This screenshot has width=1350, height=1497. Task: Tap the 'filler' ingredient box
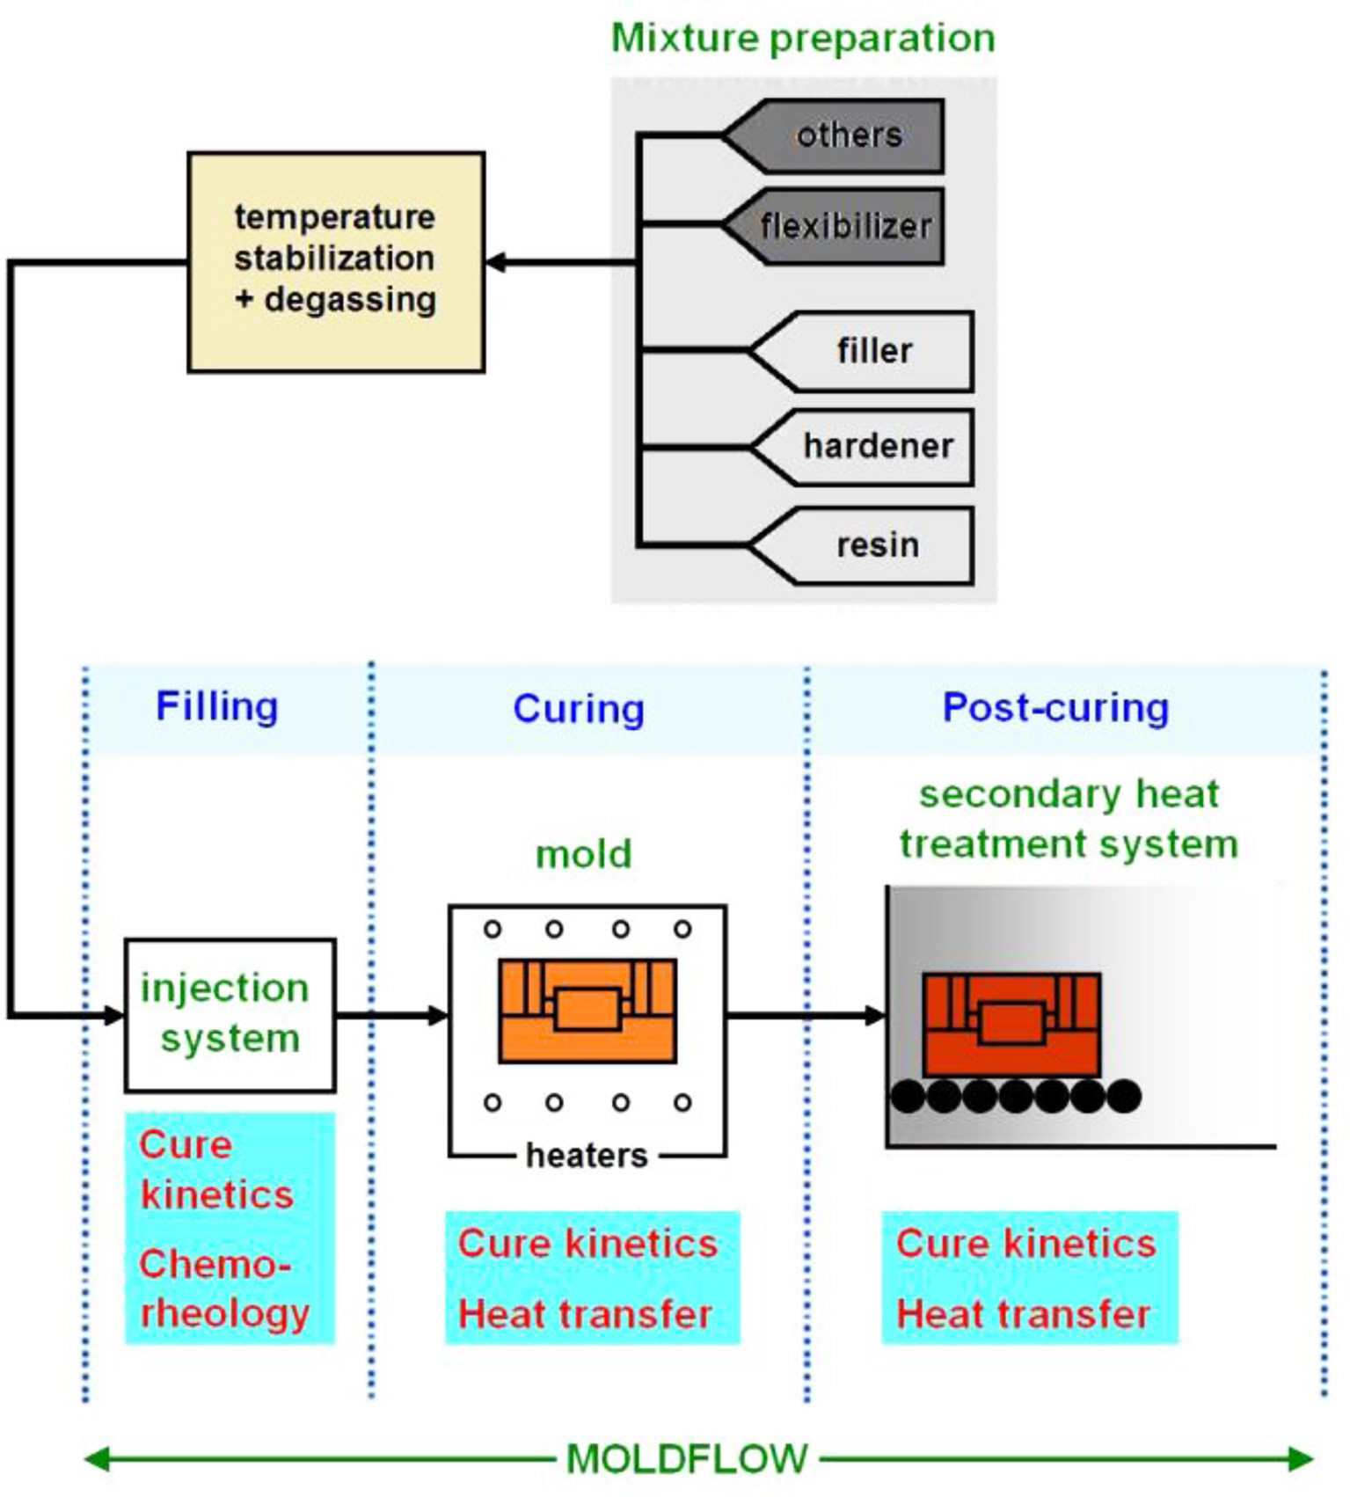(x=871, y=351)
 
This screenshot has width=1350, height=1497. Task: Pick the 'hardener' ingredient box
(x=874, y=447)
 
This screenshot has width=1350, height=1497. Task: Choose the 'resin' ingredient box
(x=874, y=545)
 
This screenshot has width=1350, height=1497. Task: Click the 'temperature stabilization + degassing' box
(x=335, y=261)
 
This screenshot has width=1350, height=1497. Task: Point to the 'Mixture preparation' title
(x=802, y=38)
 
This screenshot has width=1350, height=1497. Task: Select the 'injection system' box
(x=229, y=1014)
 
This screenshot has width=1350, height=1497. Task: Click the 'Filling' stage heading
(x=216, y=706)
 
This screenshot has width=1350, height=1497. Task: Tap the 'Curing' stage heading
(x=578, y=709)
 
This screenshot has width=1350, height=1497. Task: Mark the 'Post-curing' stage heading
(x=1055, y=707)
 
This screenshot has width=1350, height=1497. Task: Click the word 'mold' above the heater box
(x=583, y=853)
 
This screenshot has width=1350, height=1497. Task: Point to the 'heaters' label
(x=586, y=1155)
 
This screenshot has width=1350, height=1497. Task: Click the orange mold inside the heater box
(x=587, y=1011)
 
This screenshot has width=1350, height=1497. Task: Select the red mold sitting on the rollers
(x=1011, y=1024)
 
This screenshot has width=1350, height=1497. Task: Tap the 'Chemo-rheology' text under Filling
(x=223, y=1289)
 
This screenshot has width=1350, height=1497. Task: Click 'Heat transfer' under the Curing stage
(x=584, y=1314)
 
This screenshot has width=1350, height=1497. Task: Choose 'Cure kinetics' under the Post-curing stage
(x=1025, y=1244)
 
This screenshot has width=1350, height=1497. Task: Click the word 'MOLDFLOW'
(x=686, y=1459)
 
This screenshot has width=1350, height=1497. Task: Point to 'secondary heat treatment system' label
(x=1068, y=819)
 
